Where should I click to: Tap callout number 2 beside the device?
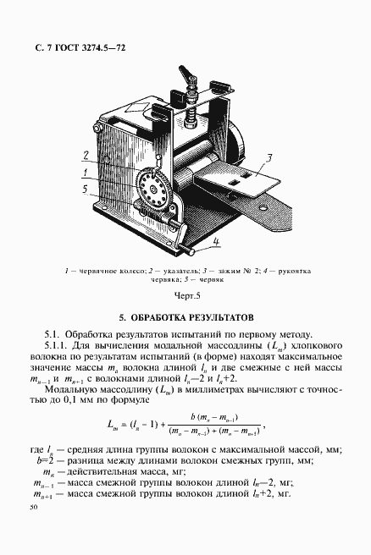point(86,155)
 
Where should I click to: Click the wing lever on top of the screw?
point(192,80)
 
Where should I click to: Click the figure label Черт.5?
point(185,295)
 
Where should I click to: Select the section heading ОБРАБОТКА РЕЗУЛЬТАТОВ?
point(185,318)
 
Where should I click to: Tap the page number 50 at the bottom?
point(33,508)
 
